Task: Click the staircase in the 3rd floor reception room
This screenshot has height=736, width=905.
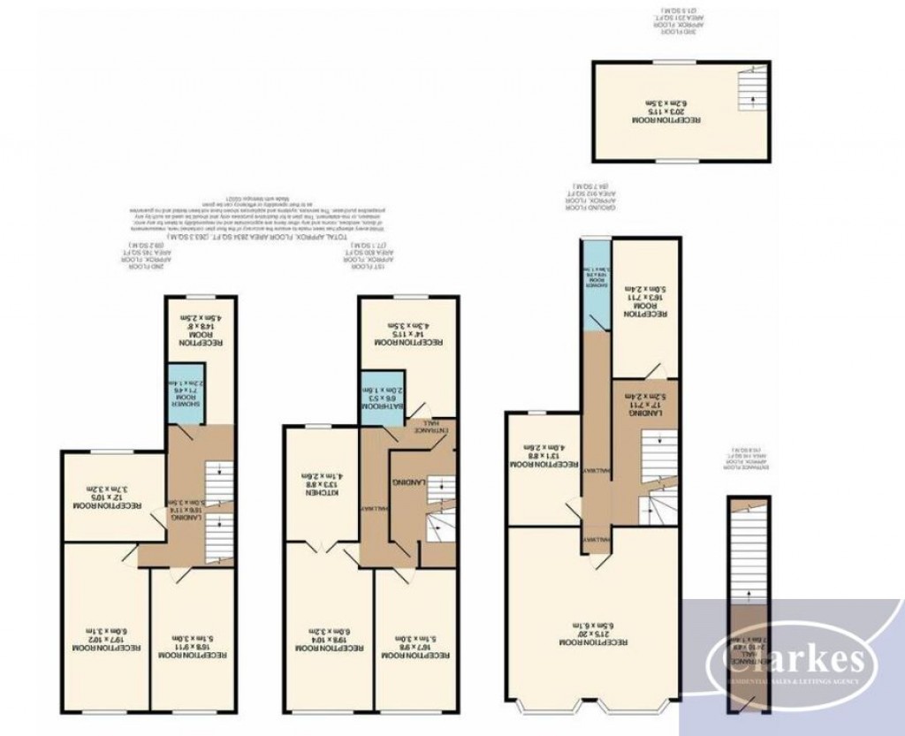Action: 750,94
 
